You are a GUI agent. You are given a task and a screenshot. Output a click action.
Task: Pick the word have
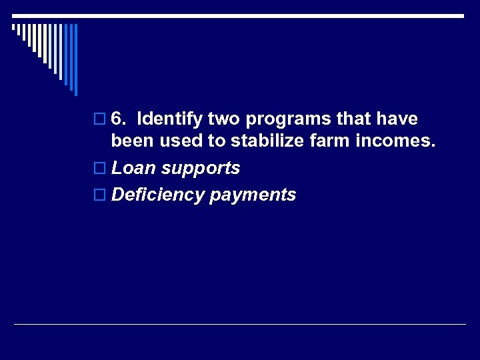(397, 119)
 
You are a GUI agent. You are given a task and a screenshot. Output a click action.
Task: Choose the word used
(174, 141)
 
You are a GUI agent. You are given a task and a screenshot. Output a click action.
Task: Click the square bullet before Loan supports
(100, 169)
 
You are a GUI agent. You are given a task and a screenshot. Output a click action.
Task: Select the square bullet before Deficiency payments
(100, 195)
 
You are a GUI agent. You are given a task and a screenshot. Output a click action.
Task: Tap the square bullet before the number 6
(100, 120)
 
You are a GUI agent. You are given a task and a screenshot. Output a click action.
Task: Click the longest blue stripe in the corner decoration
(75, 59)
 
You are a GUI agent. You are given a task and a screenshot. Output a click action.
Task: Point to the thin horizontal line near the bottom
(240, 325)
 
